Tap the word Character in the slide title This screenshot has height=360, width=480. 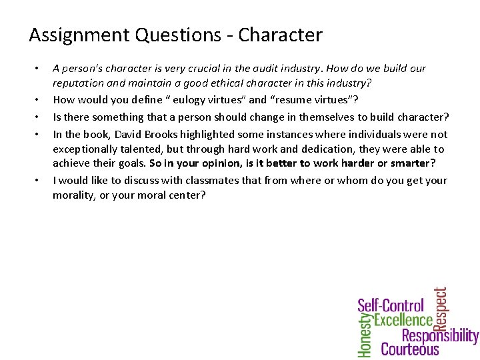[281, 35]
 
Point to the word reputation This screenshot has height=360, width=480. [77, 84]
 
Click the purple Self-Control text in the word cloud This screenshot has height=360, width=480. [391, 306]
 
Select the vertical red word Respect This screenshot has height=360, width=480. [441, 309]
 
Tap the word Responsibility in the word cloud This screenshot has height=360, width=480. [440, 335]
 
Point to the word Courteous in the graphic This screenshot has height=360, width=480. [410, 349]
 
